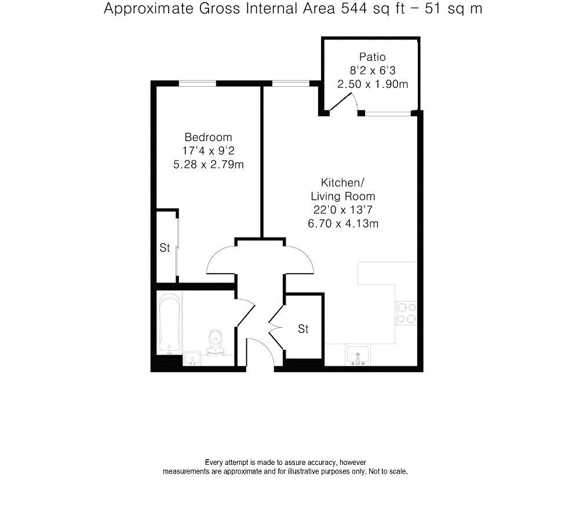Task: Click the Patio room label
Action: point(372,57)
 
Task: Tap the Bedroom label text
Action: point(208,137)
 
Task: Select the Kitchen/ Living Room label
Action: point(342,189)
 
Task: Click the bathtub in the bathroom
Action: point(169,323)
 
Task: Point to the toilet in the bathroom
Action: point(215,342)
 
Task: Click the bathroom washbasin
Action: point(192,358)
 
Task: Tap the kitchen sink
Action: point(358,355)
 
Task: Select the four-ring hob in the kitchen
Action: point(406,313)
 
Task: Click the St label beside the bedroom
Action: point(165,248)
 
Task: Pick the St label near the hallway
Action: point(303,329)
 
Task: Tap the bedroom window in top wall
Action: point(197,84)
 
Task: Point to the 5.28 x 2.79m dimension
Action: point(208,164)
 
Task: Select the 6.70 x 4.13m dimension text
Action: point(342,223)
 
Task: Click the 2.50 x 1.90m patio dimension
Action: point(373,84)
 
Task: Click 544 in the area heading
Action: point(354,9)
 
